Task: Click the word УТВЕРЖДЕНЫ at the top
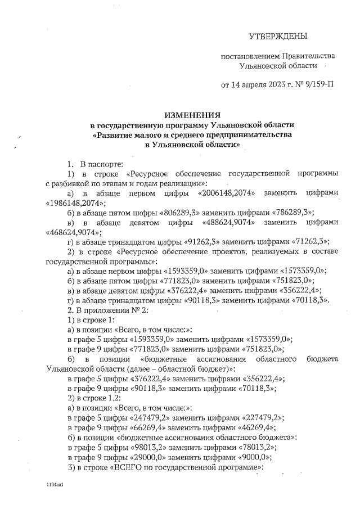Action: [278, 37]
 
